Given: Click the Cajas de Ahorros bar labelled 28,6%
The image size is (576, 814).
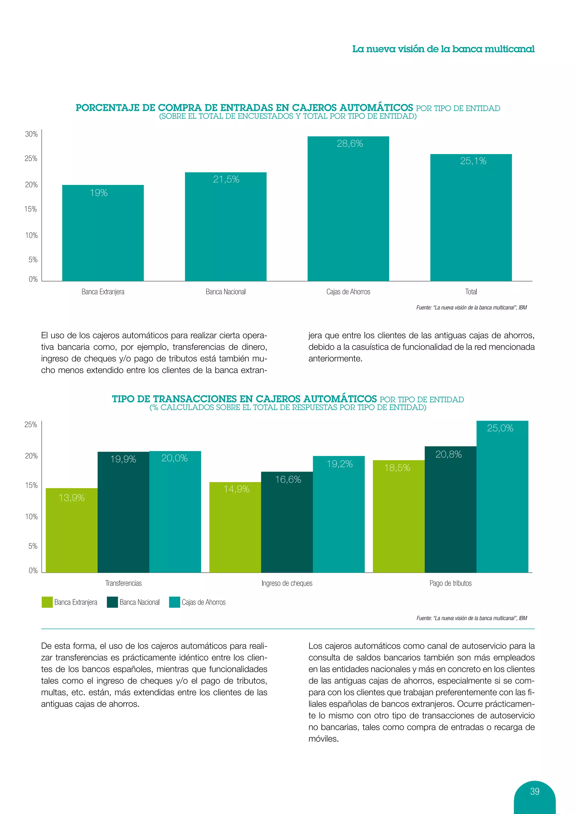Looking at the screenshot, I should [348, 209].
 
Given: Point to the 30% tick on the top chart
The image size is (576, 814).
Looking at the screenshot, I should [31, 134].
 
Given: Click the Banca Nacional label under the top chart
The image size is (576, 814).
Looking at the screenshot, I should [226, 292].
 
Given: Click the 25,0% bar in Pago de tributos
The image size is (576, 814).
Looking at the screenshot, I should [502, 496].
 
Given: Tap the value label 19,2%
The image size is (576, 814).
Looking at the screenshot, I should [339, 464].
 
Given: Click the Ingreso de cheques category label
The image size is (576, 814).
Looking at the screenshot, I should [287, 583].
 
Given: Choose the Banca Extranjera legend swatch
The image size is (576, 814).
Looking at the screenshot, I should [47, 602].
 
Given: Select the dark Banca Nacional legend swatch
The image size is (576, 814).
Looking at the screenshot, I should [112, 602].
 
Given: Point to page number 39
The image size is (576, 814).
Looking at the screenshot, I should [534, 791].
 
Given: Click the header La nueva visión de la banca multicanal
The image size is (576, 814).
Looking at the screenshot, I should [443, 49].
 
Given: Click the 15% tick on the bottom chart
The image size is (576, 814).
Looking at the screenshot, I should [31, 485].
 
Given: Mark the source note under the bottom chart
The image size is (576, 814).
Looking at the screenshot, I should [471, 618].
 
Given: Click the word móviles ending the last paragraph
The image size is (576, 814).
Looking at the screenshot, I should [323, 739].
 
